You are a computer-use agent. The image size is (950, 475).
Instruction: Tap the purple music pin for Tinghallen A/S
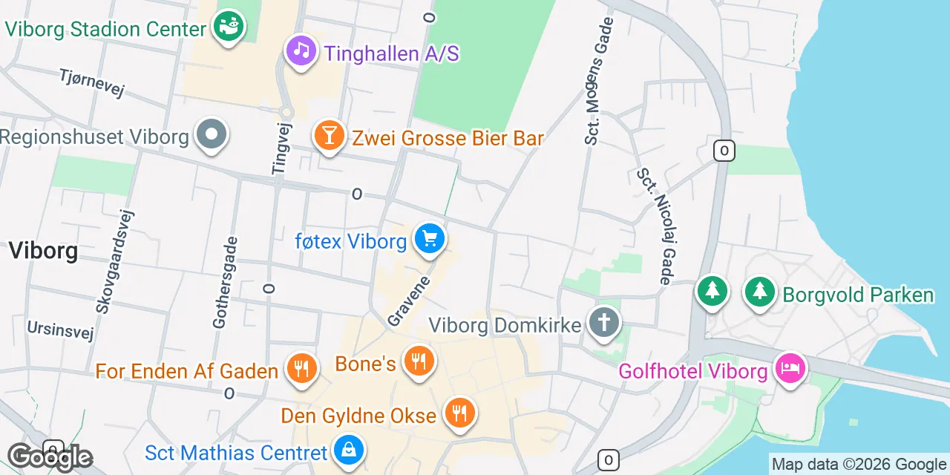pyautogui.click(x=301, y=51)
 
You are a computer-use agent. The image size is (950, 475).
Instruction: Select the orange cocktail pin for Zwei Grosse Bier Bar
pyautogui.click(x=329, y=136)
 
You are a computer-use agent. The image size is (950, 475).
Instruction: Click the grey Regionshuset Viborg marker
pyautogui.click(x=212, y=135)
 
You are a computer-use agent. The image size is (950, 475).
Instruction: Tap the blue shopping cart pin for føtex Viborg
pyautogui.click(x=430, y=239)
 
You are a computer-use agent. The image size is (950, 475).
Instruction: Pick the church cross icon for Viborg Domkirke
pyautogui.click(x=604, y=323)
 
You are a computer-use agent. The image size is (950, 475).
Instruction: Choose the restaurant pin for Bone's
pyautogui.click(x=419, y=362)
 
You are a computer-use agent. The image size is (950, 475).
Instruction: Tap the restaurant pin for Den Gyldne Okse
pyautogui.click(x=460, y=413)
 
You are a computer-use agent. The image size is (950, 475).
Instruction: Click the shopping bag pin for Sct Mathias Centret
pyautogui.click(x=347, y=451)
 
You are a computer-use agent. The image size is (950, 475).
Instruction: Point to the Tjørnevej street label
pyautogui.click(x=92, y=82)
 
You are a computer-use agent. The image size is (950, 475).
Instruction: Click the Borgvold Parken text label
pyautogui.click(x=858, y=295)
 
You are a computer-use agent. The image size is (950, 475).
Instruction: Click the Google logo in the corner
pyautogui.click(x=50, y=458)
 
